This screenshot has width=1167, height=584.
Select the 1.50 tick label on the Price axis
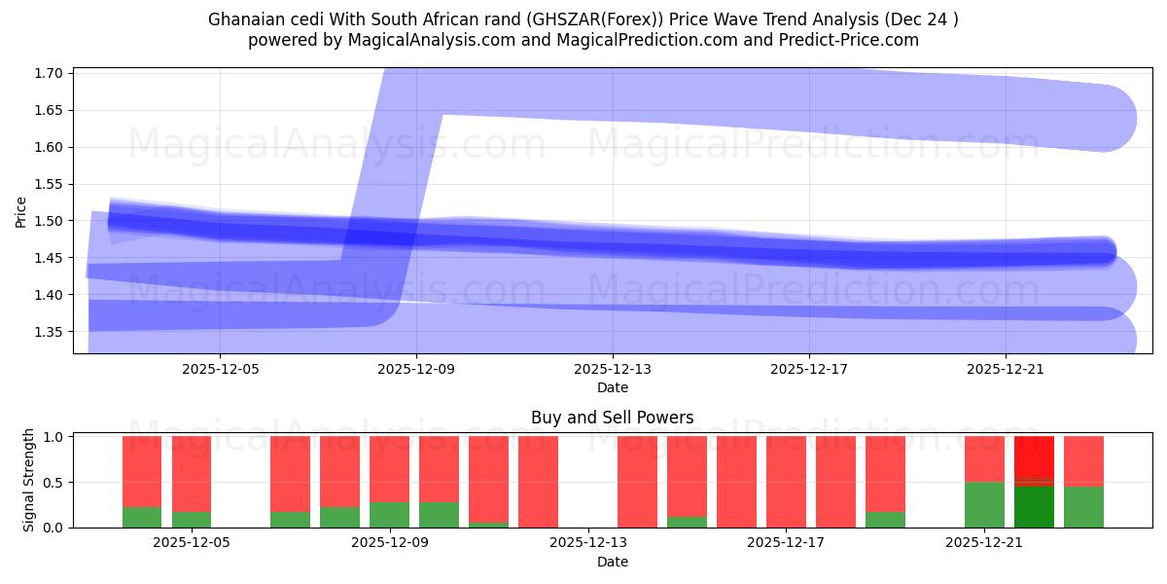(50, 221)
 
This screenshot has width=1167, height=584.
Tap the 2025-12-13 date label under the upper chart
(613, 369)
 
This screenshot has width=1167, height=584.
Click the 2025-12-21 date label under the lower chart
(984, 543)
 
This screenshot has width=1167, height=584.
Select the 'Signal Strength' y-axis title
(29, 480)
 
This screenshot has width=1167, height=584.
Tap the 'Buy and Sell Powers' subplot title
(613, 418)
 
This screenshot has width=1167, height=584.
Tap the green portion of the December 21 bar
(984, 504)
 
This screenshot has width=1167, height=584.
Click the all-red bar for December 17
(786, 482)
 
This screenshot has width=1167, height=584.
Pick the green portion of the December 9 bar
(389, 514)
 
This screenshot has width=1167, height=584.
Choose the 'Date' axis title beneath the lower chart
(613, 562)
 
